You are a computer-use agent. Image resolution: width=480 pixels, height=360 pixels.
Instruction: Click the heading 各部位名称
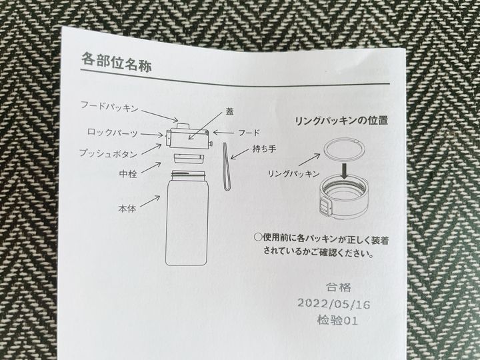tap(116, 62)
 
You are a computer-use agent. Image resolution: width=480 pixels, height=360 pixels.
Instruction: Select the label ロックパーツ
tap(113, 133)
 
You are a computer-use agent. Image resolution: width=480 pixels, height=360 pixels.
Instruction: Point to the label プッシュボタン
tap(109, 153)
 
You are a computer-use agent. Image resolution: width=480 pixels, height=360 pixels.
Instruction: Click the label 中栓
tap(128, 174)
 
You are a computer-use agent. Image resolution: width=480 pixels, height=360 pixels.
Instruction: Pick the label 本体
tap(127, 209)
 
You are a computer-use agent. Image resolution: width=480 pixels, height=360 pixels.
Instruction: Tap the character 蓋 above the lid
tap(230, 112)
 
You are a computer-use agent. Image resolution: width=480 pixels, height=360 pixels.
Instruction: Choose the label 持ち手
tap(264, 149)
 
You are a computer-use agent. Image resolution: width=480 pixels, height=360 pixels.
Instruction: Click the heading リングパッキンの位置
tap(341, 120)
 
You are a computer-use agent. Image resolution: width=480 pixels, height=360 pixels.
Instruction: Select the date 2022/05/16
tap(334, 304)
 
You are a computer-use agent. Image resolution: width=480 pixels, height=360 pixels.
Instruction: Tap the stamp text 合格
tap(338, 287)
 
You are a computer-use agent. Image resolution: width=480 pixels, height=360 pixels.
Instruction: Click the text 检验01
tap(337, 320)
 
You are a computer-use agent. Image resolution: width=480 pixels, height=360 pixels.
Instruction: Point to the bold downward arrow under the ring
tap(345, 171)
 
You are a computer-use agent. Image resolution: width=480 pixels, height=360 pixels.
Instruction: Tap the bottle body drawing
tap(187, 217)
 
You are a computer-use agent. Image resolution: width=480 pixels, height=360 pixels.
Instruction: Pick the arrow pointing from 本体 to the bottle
tap(150, 201)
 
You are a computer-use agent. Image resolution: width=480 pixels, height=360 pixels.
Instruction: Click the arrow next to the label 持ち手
tap(240, 154)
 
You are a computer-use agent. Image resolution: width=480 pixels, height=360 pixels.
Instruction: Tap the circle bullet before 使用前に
tap(258, 237)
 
